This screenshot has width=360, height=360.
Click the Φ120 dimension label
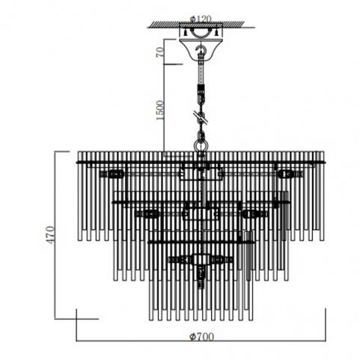[201, 19]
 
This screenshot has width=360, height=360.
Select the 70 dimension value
[160, 52]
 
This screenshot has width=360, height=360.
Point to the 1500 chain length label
[160, 110]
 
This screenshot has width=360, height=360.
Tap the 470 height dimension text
[49, 235]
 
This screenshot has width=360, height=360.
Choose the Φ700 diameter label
[201, 337]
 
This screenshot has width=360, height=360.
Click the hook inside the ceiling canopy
[201, 50]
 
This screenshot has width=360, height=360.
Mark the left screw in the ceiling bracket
[185, 31]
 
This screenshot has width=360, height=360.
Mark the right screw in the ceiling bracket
[216, 31]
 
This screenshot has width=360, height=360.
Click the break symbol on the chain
[201, 117]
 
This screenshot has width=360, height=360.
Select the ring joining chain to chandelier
[201, 145]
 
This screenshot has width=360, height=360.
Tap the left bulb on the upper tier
[115, 174]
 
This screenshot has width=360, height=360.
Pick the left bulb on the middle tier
[150, 214]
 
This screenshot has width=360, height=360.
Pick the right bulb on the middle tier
[252, 214]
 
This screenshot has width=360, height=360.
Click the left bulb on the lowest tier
[180, 260]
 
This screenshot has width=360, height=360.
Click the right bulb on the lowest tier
[222, 260]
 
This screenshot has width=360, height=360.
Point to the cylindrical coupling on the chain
[201, 91]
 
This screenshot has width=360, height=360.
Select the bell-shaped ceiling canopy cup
[201, 49]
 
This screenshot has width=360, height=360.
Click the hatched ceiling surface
[197, 24]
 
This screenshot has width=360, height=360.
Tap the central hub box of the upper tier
[201, 171]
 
